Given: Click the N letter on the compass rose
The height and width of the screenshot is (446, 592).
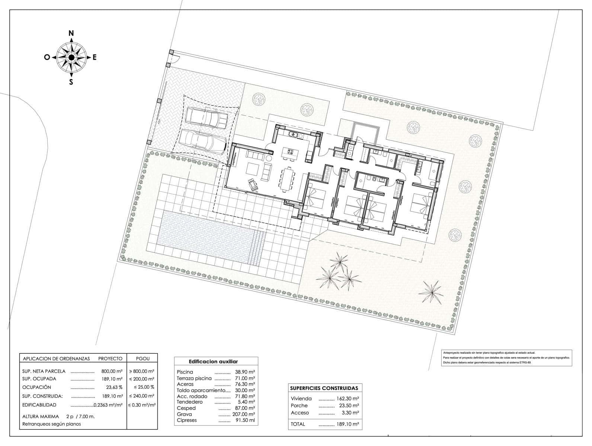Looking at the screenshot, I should pos(71,33).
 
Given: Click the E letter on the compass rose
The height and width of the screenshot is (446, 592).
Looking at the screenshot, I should pos(95,57).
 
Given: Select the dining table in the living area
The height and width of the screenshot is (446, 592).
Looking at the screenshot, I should pos(287,179).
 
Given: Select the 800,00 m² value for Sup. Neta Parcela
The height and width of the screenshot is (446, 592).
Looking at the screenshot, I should pos(112,371).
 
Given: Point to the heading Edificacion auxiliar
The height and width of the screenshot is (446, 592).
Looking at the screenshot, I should pos(213,361).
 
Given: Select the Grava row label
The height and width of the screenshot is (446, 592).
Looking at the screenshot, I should pos(185,414).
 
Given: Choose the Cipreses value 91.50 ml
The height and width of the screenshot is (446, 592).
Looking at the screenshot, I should pos(245,420).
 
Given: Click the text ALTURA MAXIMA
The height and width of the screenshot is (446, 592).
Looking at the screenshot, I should pos(40,416).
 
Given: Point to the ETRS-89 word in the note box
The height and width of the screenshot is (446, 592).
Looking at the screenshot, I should pos(525,362).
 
